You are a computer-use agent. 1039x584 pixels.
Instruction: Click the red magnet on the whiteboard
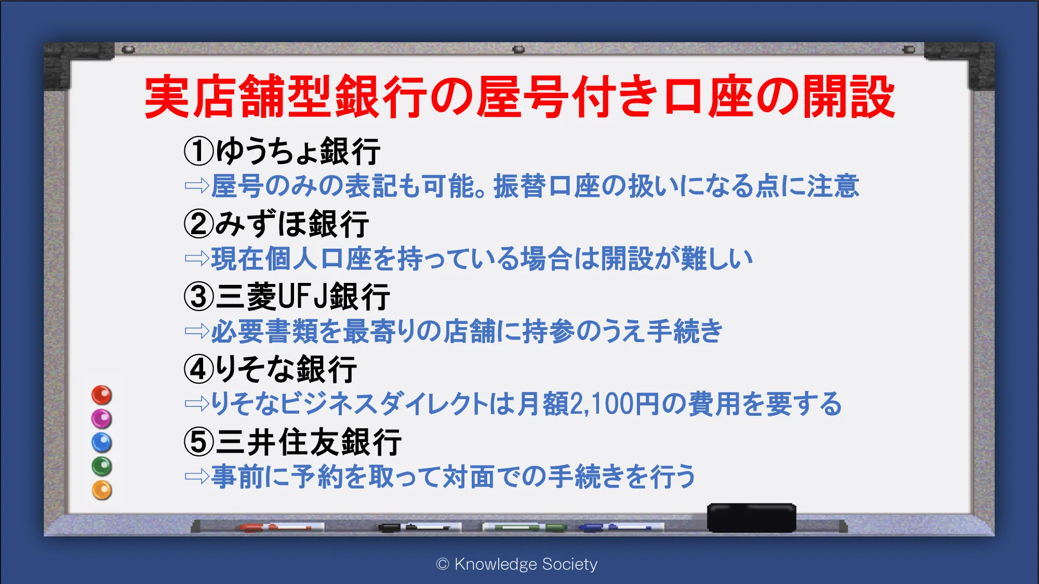[x=102, y=395]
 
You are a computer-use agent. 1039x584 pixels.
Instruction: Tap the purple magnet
[x=102, y=419]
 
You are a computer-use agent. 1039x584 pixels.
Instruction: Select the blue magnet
[x=102, y=443]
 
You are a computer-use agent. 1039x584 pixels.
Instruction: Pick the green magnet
[x=102, y=466]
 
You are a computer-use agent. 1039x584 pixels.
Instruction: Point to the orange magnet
[x=102, y=490]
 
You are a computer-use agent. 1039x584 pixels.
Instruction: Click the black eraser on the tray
[x=752, y=518]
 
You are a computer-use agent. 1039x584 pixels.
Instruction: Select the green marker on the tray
[x=525, y=527]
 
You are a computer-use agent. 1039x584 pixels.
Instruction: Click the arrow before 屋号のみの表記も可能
[x=197, y=186]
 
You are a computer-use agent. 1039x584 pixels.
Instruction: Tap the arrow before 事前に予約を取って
[x=197, y=477]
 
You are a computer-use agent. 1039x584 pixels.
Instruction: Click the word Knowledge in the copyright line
[x=496, y=564]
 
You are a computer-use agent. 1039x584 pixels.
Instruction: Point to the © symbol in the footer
[x=443, y=564]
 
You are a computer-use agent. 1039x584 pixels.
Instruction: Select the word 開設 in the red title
[x=849, y=97]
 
